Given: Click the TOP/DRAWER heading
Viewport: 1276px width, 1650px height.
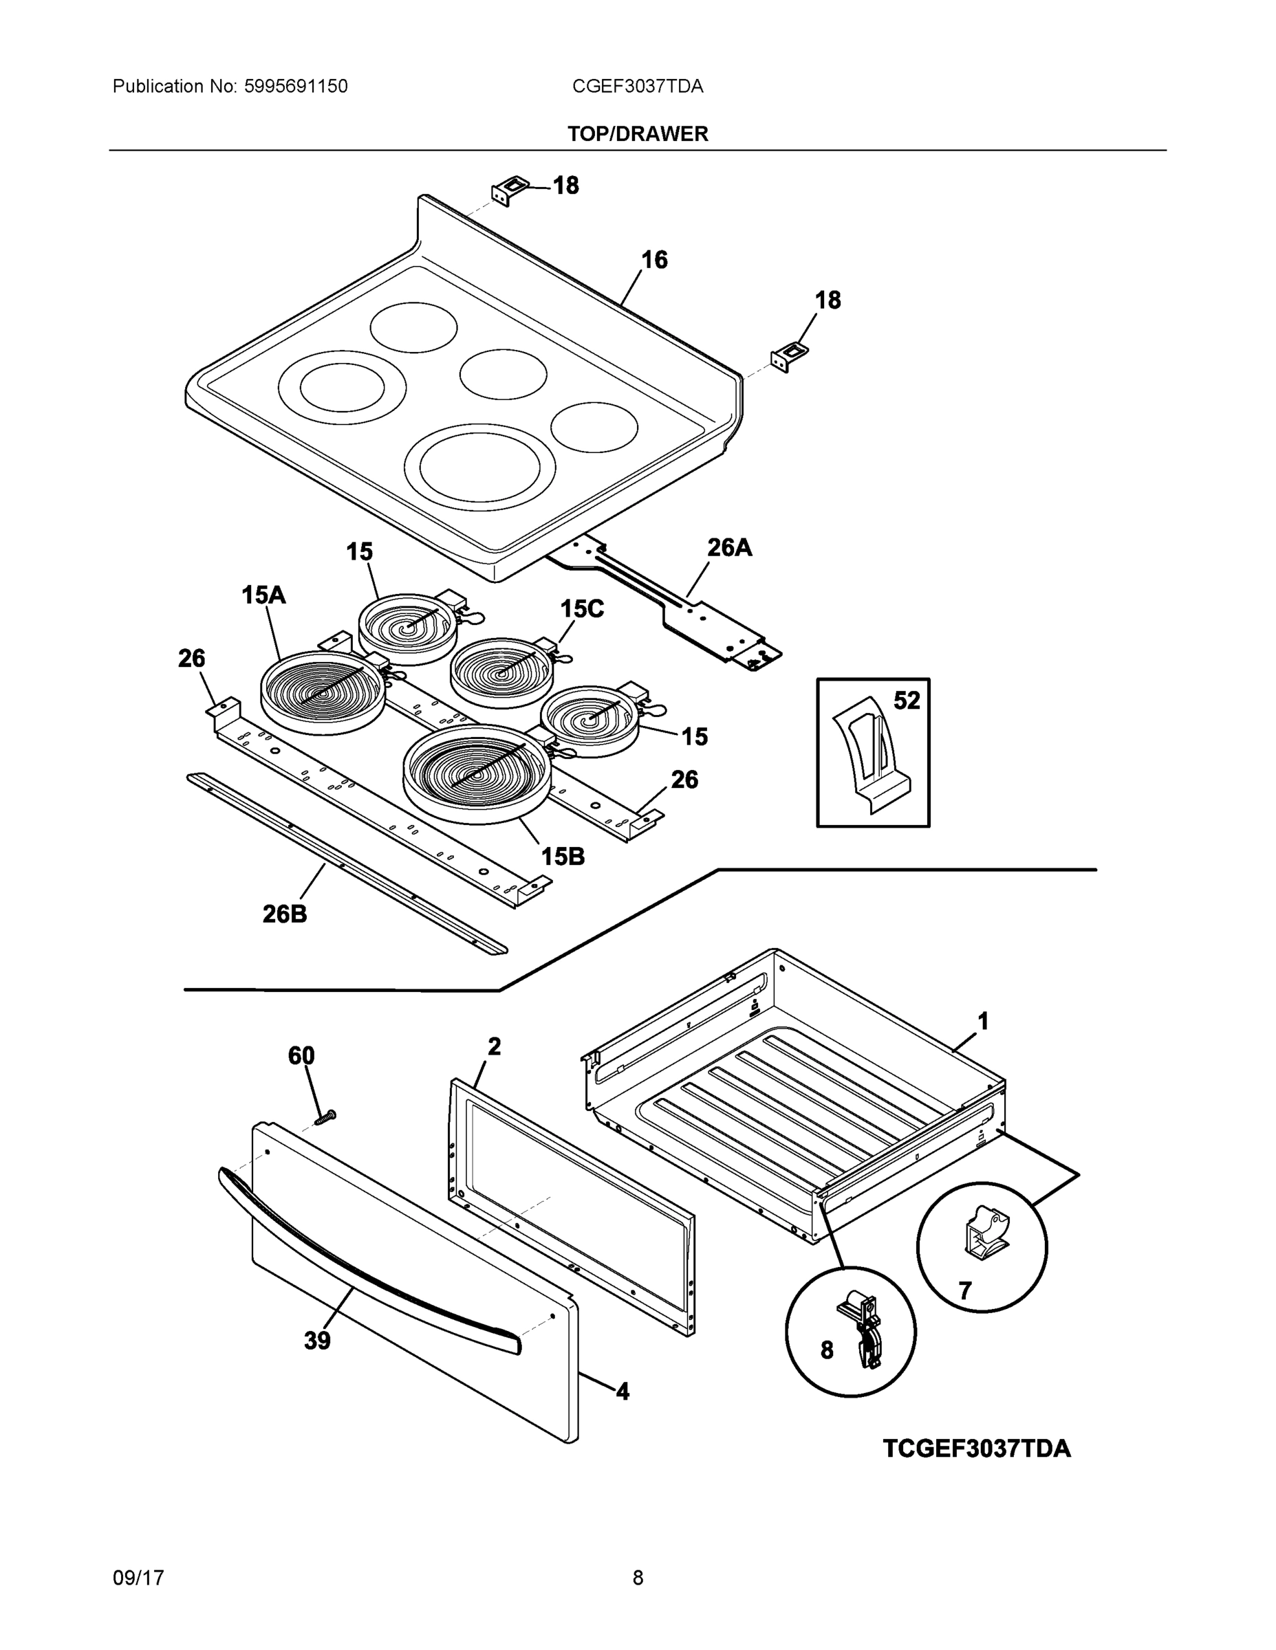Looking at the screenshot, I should [637, 134].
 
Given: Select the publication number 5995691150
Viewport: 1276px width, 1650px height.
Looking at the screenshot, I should [296, 87].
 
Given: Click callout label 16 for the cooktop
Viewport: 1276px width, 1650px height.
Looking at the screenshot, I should [654, 260].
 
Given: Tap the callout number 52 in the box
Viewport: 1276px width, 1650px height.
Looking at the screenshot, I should [907, 701].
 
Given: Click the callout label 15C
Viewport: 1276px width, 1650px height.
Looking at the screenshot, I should [581, 608].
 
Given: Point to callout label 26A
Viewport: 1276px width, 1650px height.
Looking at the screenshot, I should [728, 547].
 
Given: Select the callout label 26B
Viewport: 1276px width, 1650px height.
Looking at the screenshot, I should [284, 914].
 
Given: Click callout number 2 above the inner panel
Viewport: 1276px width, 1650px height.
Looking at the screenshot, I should [494, 1046].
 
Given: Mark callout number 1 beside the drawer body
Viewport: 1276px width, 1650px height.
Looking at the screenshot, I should [983, 1022].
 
